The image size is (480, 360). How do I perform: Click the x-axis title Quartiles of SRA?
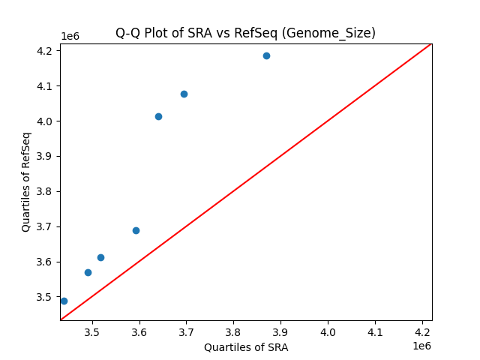[246, 347]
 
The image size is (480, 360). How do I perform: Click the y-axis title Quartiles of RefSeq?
[26, 181]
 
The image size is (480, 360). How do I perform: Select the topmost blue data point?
[266, 55]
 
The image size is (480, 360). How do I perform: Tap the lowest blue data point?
[64, 301]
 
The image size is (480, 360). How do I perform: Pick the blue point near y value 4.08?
[184, 94]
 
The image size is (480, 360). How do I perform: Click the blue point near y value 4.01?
[158, 116]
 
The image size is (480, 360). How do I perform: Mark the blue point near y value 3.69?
[136, 230]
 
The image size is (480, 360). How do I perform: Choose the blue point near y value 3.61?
[100, 257]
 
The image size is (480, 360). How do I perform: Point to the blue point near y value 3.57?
[88, 272]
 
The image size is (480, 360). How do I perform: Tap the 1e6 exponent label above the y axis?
[70, 37]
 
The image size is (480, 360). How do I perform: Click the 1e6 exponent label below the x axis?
[421, 346]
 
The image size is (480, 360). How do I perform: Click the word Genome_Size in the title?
[337, 33]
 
